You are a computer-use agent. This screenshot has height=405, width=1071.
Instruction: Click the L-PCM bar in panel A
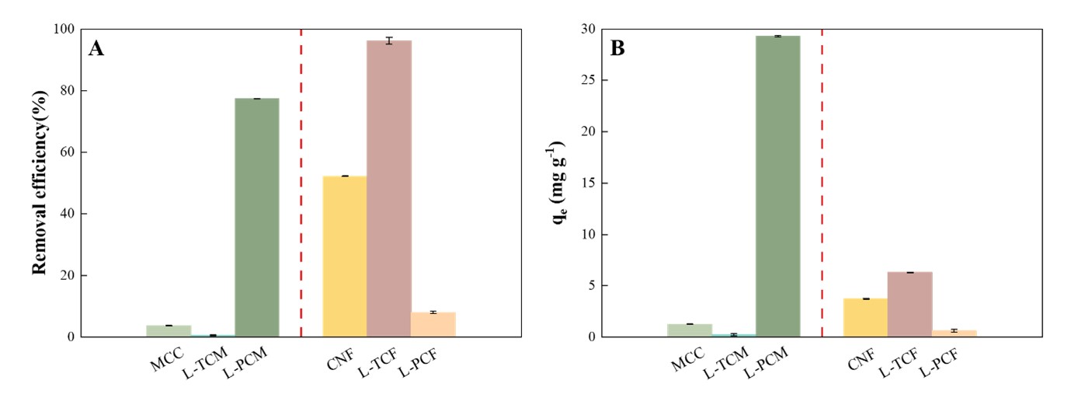click(257, 218)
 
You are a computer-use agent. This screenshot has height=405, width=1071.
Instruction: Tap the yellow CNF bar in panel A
click(345, 257)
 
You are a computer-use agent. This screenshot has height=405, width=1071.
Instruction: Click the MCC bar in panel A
click(169, 331)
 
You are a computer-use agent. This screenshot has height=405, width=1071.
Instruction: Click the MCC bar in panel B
click(690, 330)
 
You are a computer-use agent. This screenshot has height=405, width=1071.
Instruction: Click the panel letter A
click(96, 49)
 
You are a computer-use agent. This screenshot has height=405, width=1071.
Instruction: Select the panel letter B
click(618, 49)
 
